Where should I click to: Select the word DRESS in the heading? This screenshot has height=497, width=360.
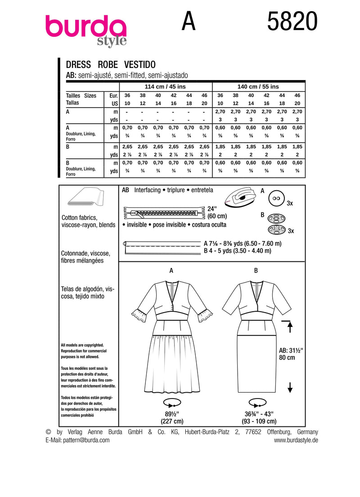click(78, 64)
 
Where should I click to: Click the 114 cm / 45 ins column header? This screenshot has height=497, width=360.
click(165, 86)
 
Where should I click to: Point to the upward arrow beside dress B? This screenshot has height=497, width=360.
click(290, 326)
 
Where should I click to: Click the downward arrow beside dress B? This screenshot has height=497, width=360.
click(290, 386)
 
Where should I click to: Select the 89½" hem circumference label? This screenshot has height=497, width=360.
click(171, 414)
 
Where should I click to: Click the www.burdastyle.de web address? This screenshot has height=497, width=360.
click(296, 440)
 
